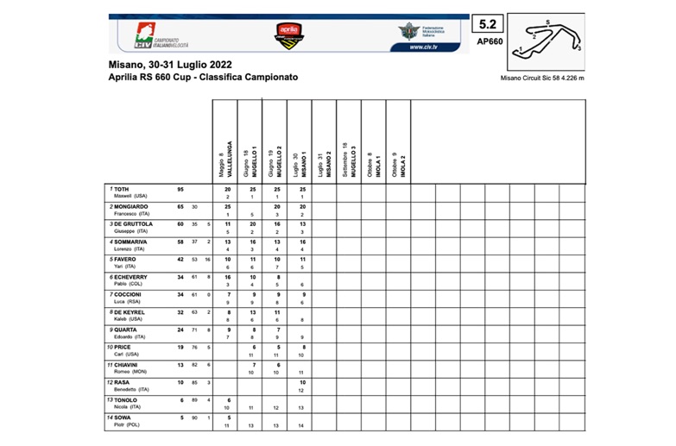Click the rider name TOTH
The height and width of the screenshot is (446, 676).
pos(122,188)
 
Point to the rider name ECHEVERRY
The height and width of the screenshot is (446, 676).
pos(132,277)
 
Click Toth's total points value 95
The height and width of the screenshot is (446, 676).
pos(180,189)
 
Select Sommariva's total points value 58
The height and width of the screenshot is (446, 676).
pos(180,242)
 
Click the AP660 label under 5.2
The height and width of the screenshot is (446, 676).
pos(489,41)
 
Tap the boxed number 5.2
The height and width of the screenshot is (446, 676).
pos(488,24)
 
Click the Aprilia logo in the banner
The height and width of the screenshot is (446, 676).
pos(287,35)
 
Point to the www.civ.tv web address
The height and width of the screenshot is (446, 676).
pos(428,47)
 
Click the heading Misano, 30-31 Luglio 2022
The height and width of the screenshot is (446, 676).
pos(170,65)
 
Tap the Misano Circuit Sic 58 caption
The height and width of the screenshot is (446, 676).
pos(542,78)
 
